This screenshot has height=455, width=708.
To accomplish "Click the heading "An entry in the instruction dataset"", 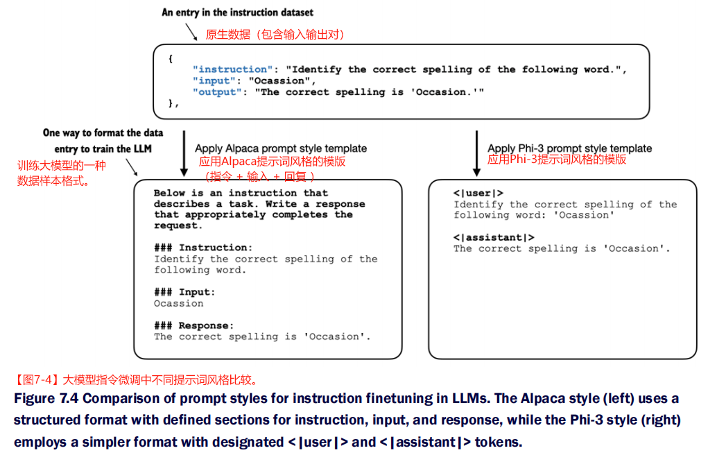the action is [x=237, y=12].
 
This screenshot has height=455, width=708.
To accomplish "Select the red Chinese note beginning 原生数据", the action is [x=275, y=34].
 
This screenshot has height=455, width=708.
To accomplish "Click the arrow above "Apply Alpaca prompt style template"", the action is [x=184, y=153].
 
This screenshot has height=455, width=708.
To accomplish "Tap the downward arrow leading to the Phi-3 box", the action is [x=476, y=153].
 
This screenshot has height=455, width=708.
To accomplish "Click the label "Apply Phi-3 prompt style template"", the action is [x=569, y=148].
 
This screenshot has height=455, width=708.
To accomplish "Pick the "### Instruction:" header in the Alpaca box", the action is [x=203, y=248].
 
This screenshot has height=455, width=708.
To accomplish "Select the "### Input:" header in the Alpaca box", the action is [x=184, y=292].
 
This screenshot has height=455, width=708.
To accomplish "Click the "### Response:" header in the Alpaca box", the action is [x=193, y=325].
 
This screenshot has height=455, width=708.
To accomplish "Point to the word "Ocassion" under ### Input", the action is [x=179, y=303].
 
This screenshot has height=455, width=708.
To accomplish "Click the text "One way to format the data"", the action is [x=103, y=132].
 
